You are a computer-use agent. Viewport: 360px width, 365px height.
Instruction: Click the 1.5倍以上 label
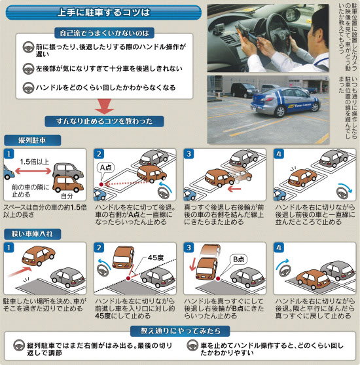[x=34, y=161]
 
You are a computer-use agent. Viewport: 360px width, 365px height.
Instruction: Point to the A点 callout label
[x=106, y=167]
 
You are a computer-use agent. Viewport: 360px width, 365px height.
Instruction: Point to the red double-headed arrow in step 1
[x=34, y=171]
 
